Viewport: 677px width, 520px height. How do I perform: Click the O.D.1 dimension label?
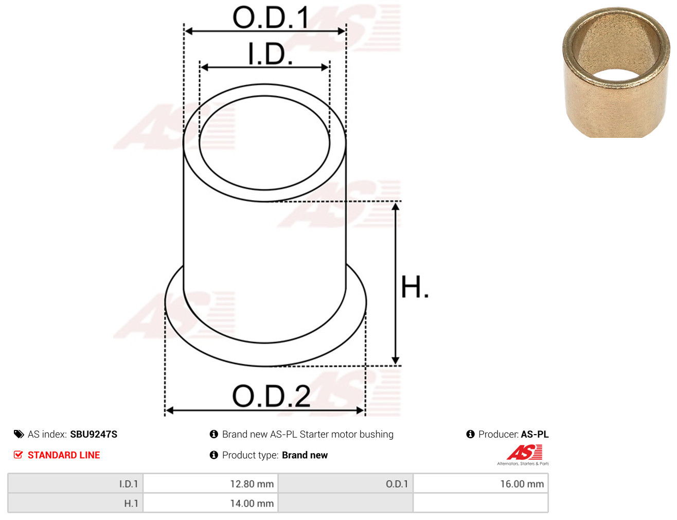271,17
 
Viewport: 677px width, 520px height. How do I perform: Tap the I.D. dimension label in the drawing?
270,53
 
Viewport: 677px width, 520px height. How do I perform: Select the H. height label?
415,286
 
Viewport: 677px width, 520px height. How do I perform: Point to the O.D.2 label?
271,396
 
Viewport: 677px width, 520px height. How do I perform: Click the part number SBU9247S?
94,435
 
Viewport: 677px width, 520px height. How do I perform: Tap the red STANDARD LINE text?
64,455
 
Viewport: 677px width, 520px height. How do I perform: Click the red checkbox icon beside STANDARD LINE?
19,455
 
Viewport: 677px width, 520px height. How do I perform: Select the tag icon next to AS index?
19,435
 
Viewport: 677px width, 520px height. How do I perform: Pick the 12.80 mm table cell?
210,484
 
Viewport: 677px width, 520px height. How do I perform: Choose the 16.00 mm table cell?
480,484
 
